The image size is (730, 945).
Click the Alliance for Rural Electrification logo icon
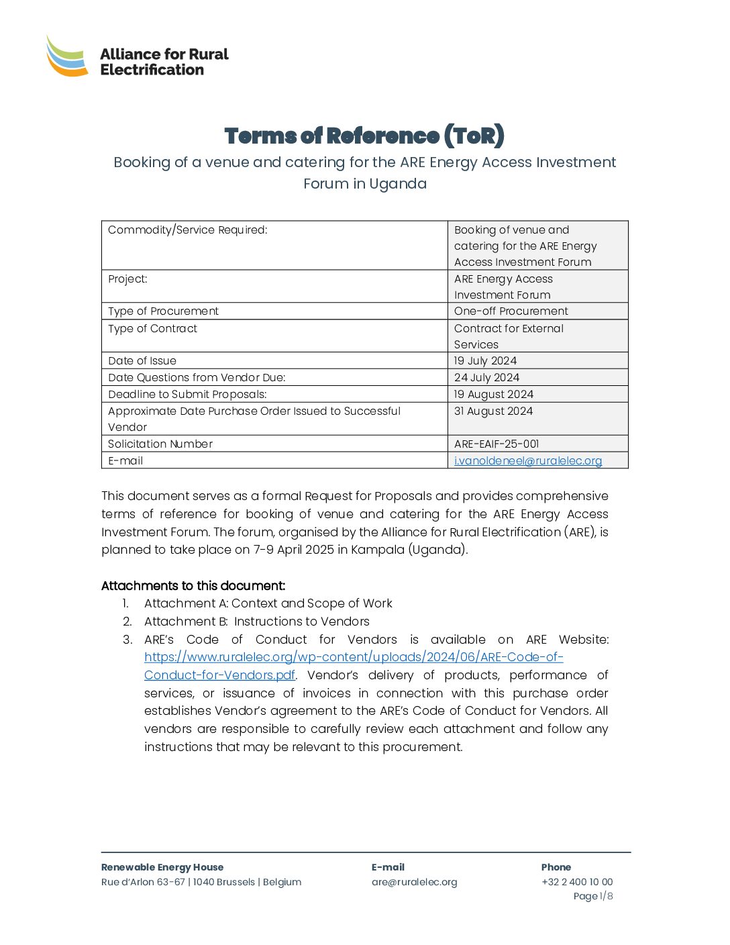67,56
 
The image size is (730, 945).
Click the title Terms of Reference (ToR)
364,136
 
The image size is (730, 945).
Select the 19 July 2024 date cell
485,361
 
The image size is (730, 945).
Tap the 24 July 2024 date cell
486,378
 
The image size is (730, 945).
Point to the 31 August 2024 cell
493,411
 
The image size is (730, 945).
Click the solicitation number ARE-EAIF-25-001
497,444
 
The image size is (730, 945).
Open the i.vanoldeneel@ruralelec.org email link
528,461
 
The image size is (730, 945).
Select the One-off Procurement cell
511,311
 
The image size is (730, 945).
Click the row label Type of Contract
153,329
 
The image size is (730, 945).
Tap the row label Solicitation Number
160,444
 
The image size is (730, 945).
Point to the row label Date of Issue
142,361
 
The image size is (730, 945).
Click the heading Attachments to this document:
193,586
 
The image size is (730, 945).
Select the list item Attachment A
268,604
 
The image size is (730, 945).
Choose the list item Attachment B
256,622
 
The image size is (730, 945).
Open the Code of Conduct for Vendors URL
354,658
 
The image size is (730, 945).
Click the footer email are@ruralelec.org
414,883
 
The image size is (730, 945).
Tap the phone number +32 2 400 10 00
577,883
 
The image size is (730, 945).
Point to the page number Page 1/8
592,897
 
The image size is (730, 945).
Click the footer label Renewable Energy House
162,868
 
